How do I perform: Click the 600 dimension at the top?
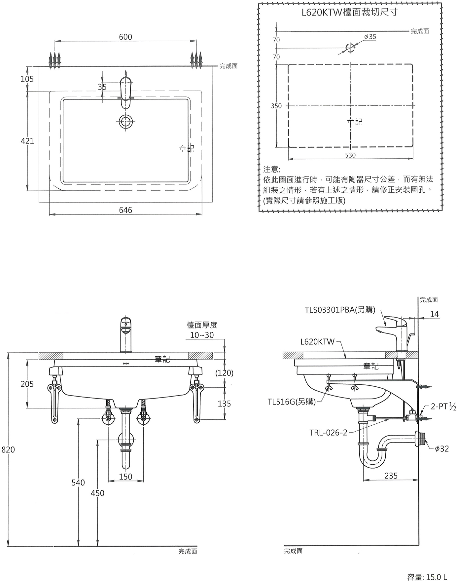pos(125,37)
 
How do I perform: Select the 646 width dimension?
pos(125,210)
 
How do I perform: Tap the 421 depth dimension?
pos(27,141)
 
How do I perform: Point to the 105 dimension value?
pos(27,79)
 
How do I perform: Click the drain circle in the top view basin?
pos(126,122)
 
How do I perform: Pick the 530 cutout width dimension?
pos(350,155)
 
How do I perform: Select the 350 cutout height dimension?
pos(276,106)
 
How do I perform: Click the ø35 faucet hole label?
pos(370,37)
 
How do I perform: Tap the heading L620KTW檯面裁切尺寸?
pos(350,13)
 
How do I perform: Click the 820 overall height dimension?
pos(8,449)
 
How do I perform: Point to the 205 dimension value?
pos(27,384)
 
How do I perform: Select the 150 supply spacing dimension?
pos(125,477)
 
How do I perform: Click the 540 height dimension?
pos(78,483)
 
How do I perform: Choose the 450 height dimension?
pos(97,493)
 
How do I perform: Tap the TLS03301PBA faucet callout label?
pos(340,310)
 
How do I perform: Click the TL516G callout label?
pos(291,402)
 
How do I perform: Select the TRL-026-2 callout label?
pos(328,433)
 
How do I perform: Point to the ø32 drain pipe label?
pos(442,448)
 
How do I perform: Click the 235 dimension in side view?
pos(391,476)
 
